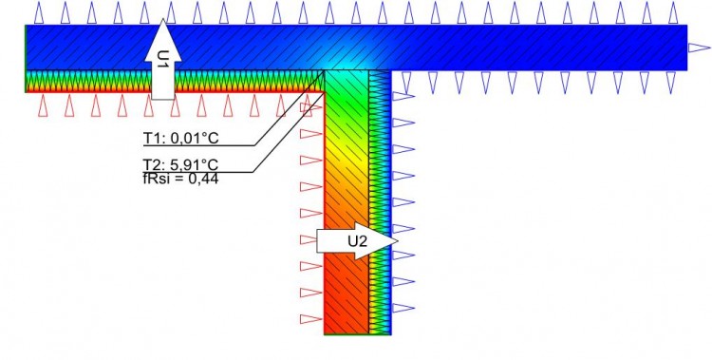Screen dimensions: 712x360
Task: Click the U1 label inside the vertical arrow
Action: (x=163, y=59)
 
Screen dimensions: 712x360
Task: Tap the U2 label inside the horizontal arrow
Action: (x=356, y=242)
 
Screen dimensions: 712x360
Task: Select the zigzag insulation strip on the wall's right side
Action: (x=380, y=209)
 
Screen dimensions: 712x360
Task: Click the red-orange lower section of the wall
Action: (x=347, y=294)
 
